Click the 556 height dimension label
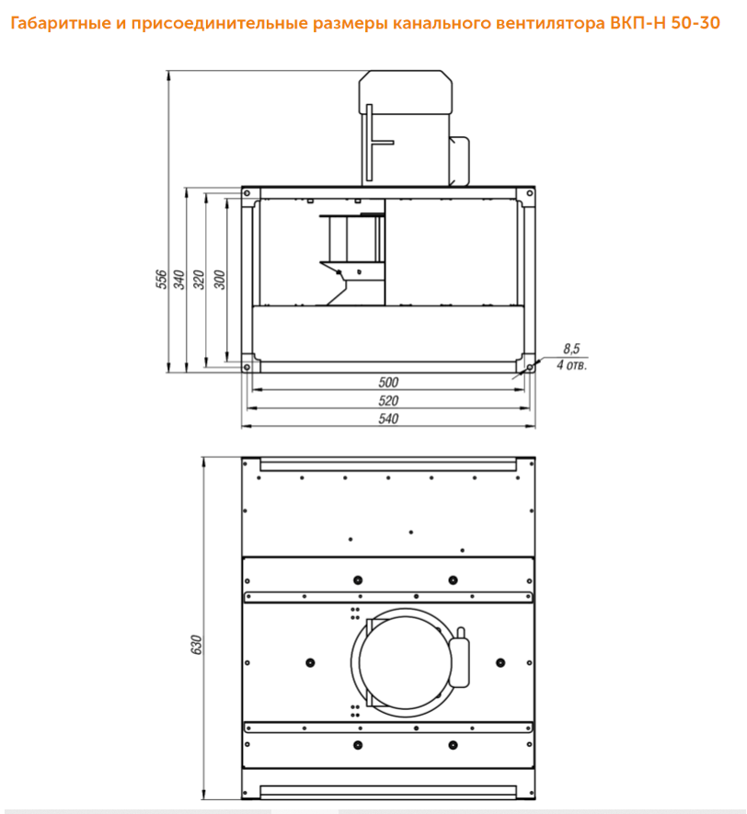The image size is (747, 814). (162, 280)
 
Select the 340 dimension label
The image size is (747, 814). (179, 280)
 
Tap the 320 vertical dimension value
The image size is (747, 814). (199, 280)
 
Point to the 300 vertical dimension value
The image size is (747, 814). (220, 280)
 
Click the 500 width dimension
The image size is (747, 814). (388, 382)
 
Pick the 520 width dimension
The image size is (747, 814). (388, 400)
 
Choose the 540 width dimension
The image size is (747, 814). (388, 418)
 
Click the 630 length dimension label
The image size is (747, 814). (196, 644)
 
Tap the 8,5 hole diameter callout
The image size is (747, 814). (571, 349)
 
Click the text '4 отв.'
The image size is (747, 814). (571, 365)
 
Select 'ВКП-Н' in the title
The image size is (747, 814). (638, 23)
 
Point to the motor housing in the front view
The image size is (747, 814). (405, 127)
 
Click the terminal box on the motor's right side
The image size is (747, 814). (460, 160)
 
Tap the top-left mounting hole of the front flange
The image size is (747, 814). (247, 193)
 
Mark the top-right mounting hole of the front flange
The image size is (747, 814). (530, 193)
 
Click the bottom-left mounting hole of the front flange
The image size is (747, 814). (247, 367)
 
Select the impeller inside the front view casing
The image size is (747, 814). (352, 258)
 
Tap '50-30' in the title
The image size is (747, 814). (695, 23)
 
